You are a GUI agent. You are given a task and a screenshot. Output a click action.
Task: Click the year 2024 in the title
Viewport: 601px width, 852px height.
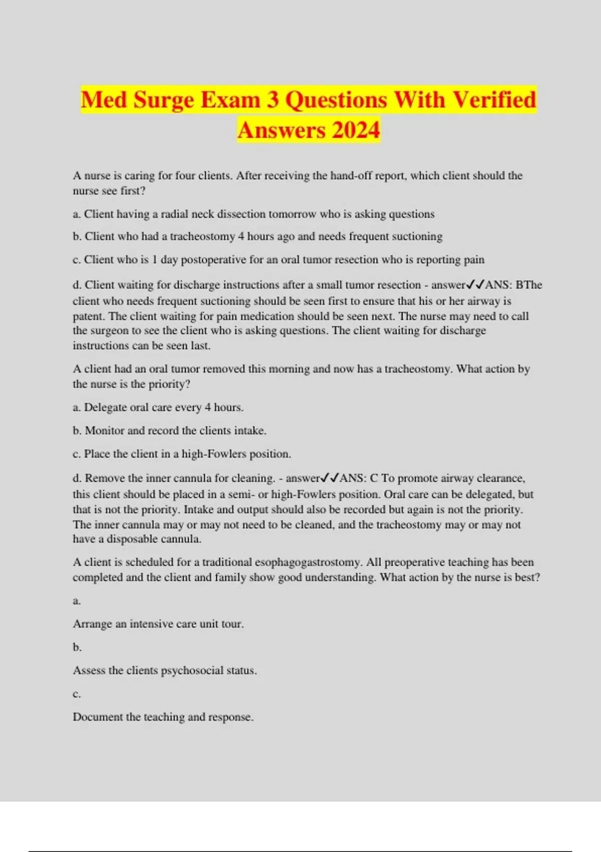coord(356,130)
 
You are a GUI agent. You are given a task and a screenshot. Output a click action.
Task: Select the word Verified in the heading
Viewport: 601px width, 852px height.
coord(494,99)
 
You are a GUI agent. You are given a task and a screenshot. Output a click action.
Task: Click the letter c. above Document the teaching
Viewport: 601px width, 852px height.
coord(77,694)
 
